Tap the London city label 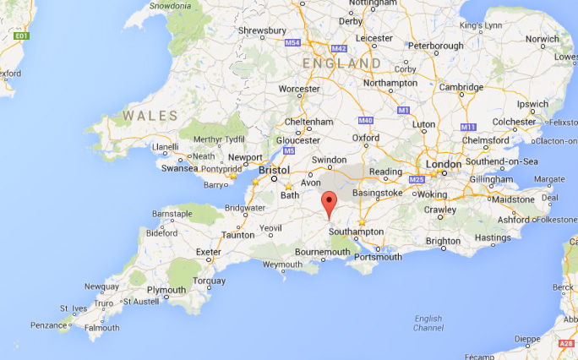coord(444,164)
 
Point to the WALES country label coord(150,115)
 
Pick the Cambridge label coord(461,87)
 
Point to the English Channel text coord(428,323)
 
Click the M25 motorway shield coord(415,180)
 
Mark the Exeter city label coord(208,252)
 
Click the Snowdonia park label coord(169,5)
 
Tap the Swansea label coord(181,168)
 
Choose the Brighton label coord(443,241)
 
